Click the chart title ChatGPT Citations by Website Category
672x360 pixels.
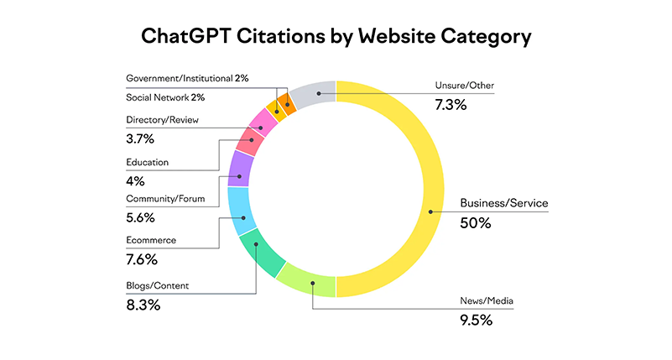[336, 37]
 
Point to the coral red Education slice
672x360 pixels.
[250, 141]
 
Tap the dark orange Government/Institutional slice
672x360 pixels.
[288, 104]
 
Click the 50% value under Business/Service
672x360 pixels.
[475, 223]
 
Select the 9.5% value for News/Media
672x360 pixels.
[477, 320]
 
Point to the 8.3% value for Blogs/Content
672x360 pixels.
[143, 305]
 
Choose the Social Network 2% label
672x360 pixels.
[165, 97]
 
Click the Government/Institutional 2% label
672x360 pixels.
[187, 78]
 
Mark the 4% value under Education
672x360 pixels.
[135, 180]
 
